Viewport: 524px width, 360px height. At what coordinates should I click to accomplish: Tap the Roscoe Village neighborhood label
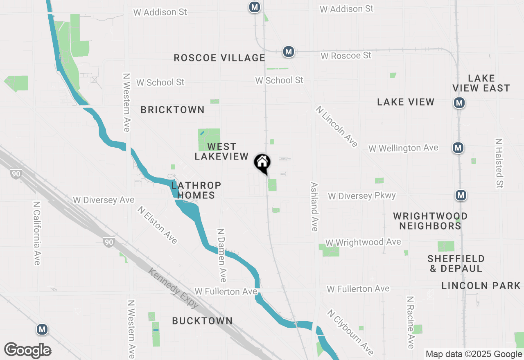[219, 58]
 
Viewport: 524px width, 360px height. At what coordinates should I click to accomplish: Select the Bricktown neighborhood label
[172, 110]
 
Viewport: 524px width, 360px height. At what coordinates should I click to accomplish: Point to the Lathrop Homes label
[196, 190]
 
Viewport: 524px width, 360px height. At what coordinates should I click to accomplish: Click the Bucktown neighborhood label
[202, 321]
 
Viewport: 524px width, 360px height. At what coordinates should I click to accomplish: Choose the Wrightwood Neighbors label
[430, 221]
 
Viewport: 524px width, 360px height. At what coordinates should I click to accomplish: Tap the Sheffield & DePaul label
[456, 263]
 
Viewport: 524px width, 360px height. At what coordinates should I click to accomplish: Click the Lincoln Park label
[481, 286]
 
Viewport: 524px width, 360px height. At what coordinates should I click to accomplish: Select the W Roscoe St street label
[346, 55]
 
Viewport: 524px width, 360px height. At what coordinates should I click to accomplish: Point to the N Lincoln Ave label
[337, 126]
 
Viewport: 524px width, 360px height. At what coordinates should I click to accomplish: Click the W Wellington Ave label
[403, 148]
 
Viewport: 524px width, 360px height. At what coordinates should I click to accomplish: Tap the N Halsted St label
[499, 163]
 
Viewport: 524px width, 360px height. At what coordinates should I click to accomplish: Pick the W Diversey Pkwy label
[362, 196]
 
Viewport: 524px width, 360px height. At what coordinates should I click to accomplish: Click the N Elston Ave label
[158, 225]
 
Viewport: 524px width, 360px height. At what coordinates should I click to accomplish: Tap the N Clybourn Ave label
[350, 332]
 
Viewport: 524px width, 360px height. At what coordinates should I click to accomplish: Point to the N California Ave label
[37, 233]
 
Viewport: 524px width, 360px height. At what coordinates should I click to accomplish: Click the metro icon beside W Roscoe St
[289, 52]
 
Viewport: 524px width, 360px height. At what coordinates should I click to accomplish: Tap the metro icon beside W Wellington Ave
[458, 148]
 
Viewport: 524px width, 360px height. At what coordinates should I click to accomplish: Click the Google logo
[27, 350]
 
